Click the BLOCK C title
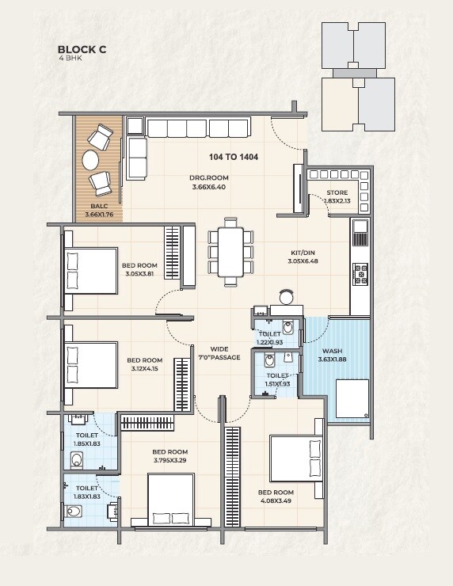[x=82, y=48]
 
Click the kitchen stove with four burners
[x=360, y=273]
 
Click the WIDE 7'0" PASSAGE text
[x=219, y=354]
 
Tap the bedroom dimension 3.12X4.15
[x=143, y=368]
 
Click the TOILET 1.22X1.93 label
[x=270, y=339]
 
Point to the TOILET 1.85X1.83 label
[x=86, y=439]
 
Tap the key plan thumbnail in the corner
[x=357, y=77]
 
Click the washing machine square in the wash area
[x=352, y=398]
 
